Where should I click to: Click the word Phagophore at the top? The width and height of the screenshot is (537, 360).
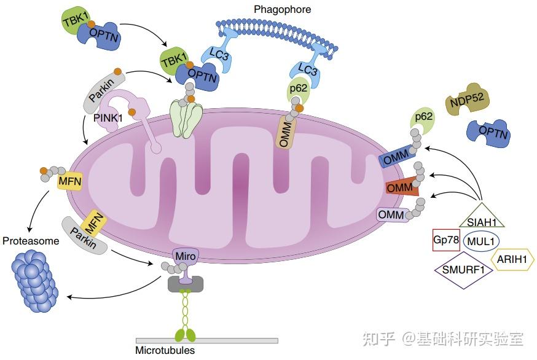click(x=283, y=9)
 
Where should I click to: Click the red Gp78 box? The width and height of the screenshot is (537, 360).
click(x=446, y=240)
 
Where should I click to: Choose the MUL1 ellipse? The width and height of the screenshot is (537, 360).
click(x=481, y=241)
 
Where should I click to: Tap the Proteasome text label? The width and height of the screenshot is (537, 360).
click(x=31, y=241)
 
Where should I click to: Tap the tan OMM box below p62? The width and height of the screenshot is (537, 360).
click(x=286, y=133)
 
